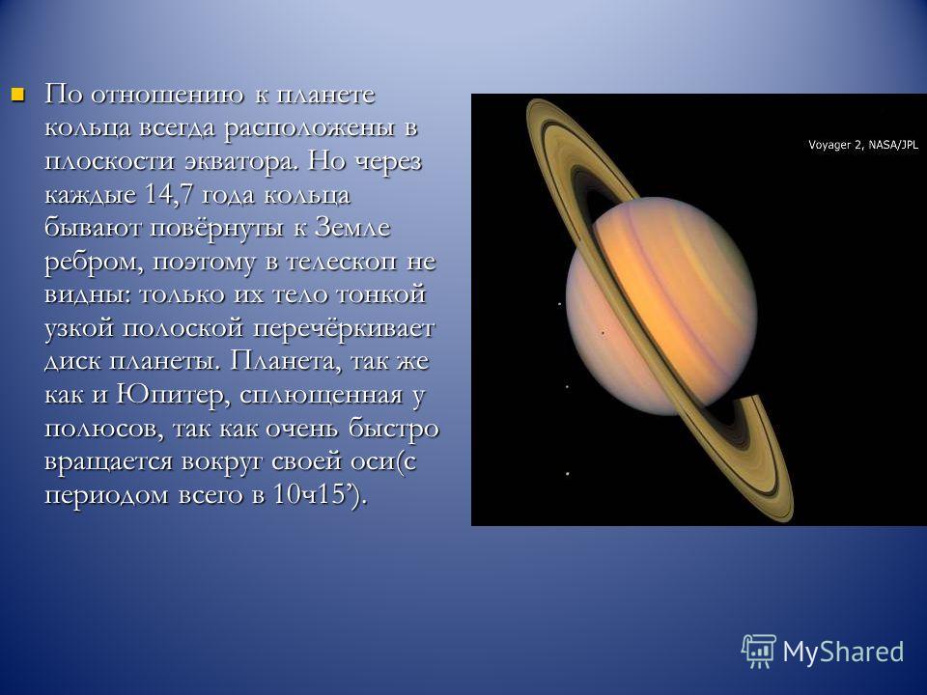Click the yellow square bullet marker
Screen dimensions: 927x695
point(18,95)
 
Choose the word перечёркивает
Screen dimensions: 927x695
point(344,328)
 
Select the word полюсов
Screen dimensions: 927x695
point(103,429)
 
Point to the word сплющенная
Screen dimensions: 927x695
point(321,395)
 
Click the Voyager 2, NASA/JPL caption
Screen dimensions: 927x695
point(863,145)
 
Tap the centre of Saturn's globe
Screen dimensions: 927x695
point(661,306)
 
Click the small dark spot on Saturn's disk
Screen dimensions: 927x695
point(603,333)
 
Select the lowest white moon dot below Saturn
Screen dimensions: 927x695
point(568,473)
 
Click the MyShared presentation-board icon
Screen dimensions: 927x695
point(759,652)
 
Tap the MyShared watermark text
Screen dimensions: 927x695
point(843,652)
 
